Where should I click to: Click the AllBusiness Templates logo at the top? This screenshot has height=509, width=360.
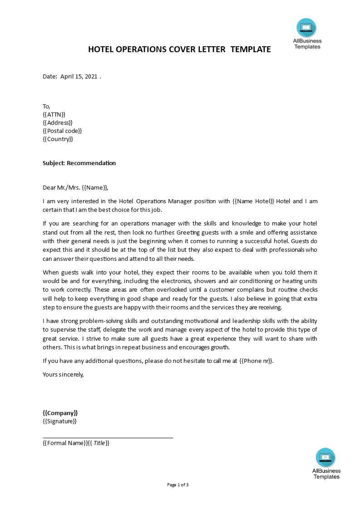click(x=307, y=34)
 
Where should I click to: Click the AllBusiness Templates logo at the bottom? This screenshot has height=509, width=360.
click(x=326, y=463)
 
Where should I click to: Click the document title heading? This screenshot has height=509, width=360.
click(x=179, y=49)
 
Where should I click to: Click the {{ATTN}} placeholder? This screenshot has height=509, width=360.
click(x=54, y=114)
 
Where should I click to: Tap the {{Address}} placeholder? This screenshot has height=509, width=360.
click(x=57, y=122)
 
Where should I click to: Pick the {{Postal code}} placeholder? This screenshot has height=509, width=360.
click(x=62, y=131)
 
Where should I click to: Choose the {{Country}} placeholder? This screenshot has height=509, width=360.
click(x=58, y=139)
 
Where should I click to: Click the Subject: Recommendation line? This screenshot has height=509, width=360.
click(x=79, y=163)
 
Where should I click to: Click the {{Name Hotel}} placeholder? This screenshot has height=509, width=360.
click(x=253, y=201)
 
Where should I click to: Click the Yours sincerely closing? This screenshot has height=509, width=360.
click(x=63, y=374)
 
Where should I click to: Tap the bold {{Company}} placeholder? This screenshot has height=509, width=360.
click(x=60, y=413)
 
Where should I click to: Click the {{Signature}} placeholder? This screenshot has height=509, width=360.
click(x=59, y=421)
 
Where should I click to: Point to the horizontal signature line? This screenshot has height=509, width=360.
click(x=108, y=438)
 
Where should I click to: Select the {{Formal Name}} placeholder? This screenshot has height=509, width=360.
click(x=64, y=443)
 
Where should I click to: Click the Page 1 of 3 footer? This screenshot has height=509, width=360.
click(x=178, y=485)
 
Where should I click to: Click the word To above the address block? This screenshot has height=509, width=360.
click(x=46, y=106)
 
